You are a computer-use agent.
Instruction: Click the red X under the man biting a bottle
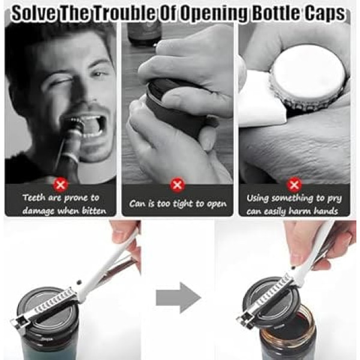coord(61,184)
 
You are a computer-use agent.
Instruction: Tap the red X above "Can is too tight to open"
coord(177,184)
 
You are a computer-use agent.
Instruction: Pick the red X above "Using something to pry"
coord(295,184)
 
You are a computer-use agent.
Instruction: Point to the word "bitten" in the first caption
coord(94,211)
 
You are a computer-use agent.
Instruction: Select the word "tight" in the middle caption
coord(183,204)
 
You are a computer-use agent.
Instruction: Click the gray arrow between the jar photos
coord(178,298)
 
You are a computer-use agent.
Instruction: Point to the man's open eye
coord(100,74)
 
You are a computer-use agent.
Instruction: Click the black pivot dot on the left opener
coord(79,282)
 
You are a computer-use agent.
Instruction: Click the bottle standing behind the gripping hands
coord(144,33)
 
